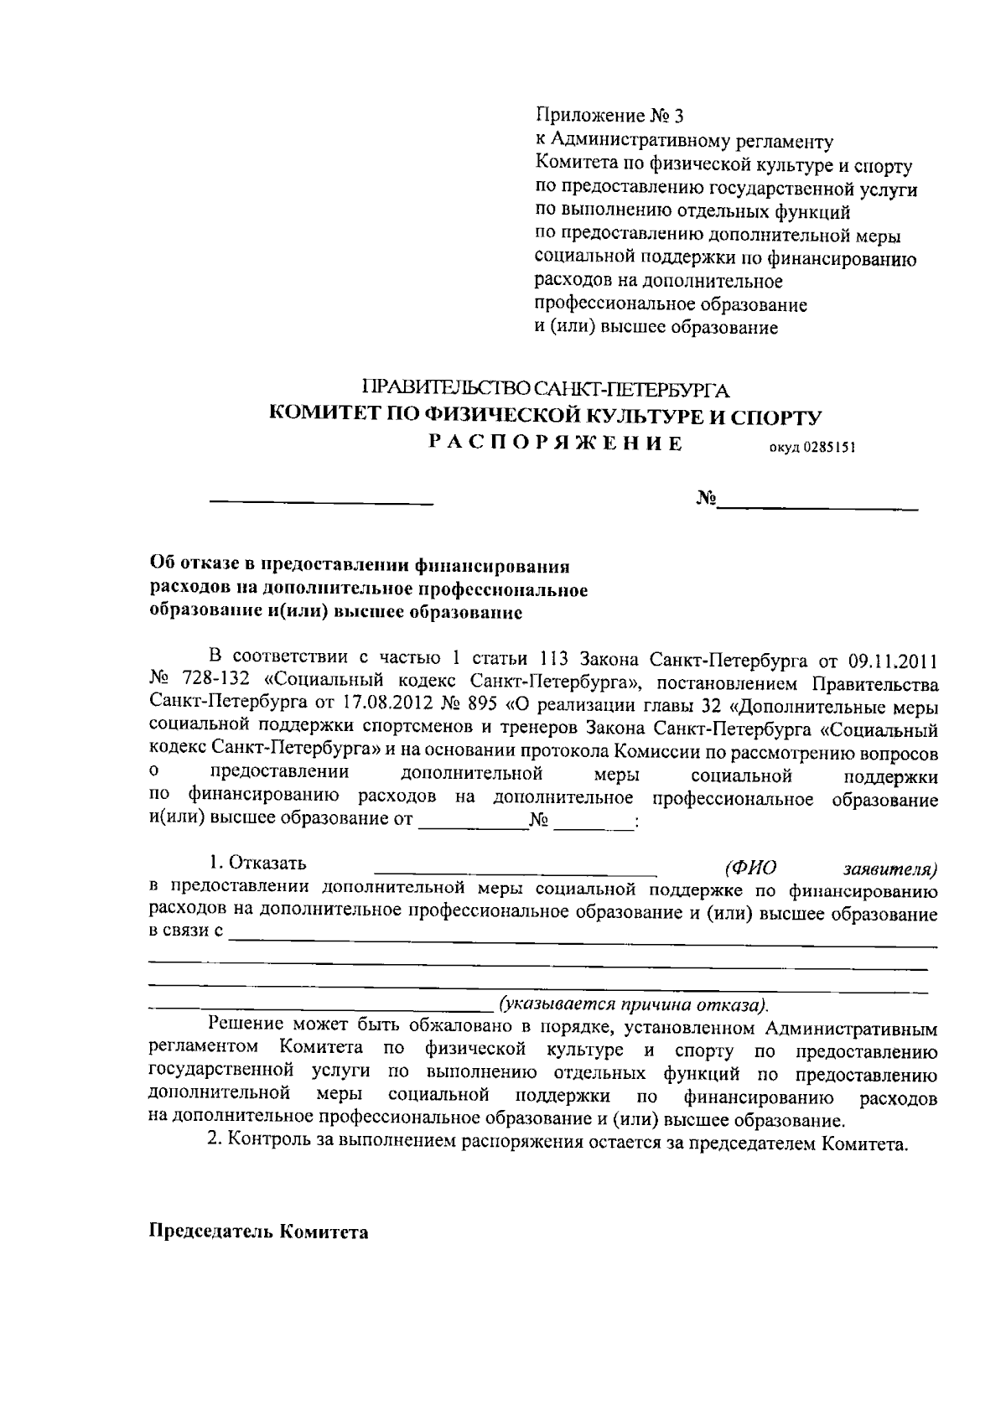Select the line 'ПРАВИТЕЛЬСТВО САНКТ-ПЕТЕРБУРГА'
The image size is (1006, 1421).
(546, 389)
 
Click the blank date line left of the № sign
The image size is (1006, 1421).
(321, 503)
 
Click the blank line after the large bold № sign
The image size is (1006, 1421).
(817, 506)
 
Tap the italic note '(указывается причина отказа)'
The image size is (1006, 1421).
(634, 1004)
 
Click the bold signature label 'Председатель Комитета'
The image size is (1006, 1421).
(258, 1233)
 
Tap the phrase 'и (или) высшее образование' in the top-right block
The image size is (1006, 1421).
(656, 328)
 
